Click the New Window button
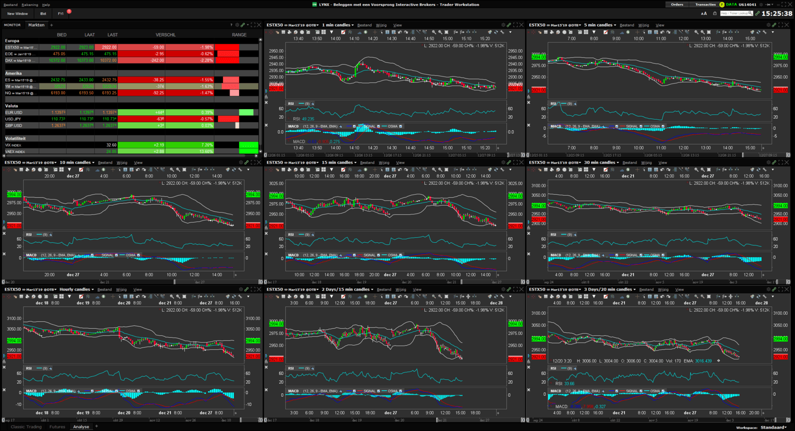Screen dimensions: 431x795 pyautogui.click(x=17, y=14)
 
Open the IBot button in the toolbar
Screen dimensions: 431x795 pyautogui.click(x=43, y=14)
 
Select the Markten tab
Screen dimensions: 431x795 pyautogui.click(x=36, y=25)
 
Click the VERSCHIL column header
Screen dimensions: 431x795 pyautogui.click(x=165, y=35)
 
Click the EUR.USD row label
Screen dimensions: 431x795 pyautogui.click(x=14, y=113)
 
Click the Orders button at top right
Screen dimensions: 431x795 pyautogui.click(x=677, y=4)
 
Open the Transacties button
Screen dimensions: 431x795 pyautogui.click(x=705, y=4)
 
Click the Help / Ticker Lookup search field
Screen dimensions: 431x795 pyautogui.click(x=736, y=13)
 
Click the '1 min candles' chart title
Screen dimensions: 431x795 pyautogui.click(x=336, y=25)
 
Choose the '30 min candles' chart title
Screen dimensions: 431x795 pyautogui.click(x=599, y=162)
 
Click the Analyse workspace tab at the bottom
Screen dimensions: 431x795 pyautogui.click(x=81, y=427)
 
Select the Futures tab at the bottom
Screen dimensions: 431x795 pyautogui.click(x=57, y=427)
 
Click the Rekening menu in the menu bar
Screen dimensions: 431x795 pyautogui.click(x=30, y=4)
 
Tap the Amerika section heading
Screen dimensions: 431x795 pyautogui.click(x=13, y=73)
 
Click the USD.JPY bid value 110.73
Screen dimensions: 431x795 pyautogui.click(x=58, y=119)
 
